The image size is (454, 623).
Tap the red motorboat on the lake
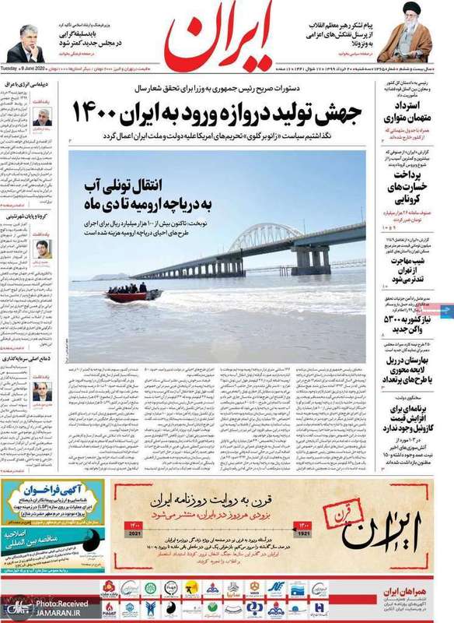pyautogui.click(x=134, y=294)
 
